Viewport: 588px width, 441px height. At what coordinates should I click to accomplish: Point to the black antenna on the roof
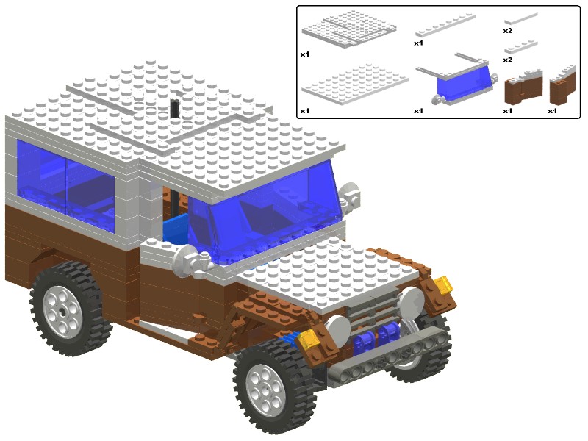click(175, 109)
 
